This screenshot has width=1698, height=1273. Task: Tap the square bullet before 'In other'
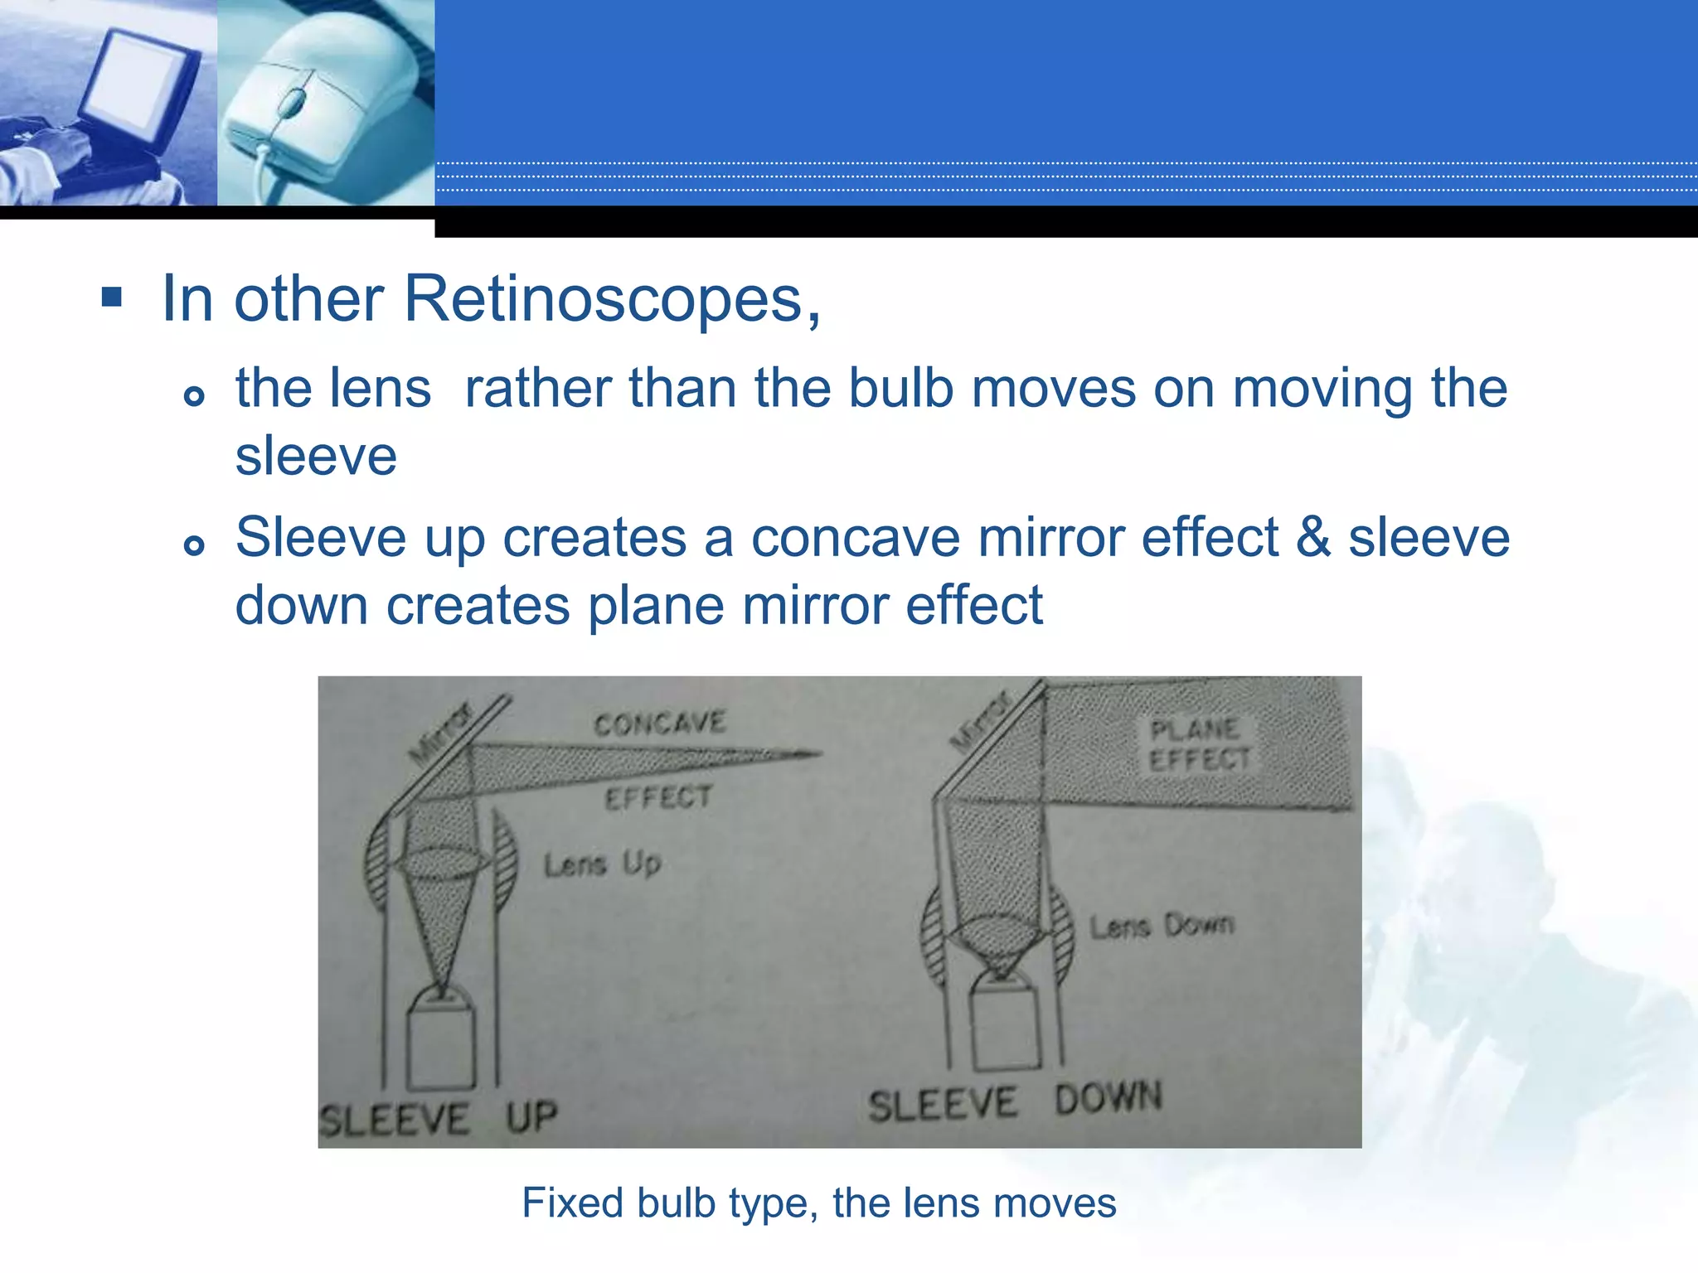point(112,297)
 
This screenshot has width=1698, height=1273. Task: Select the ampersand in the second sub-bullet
point(1313,538)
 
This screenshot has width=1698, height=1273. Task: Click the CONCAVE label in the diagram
point(660,724)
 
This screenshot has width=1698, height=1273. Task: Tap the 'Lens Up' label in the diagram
point(602,864)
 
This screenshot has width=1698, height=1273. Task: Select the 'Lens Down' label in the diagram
point(1162,925)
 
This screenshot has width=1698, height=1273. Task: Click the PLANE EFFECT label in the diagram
point(1199,744)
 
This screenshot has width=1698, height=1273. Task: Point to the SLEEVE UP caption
point(438,1119)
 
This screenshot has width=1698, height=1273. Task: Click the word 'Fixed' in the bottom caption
point(571,1203)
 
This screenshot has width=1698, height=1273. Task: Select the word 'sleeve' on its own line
point(316,457)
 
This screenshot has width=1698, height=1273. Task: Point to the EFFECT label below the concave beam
point(658,797)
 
